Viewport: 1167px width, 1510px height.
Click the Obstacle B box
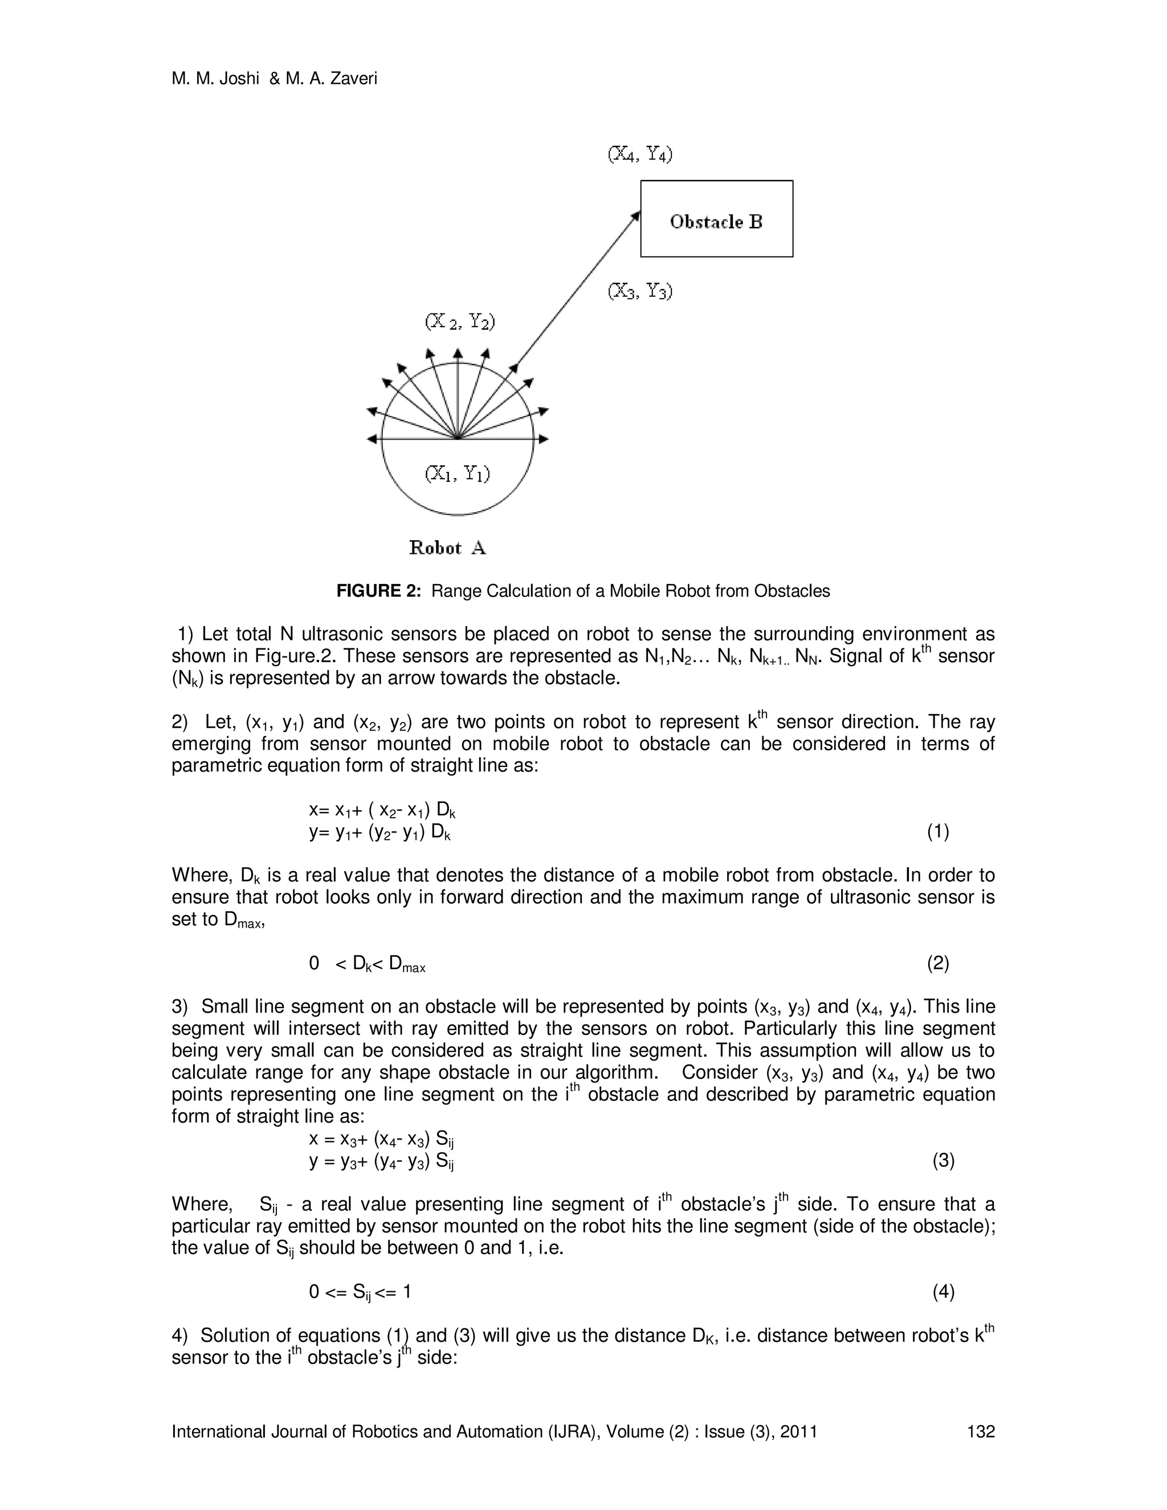click(716, 218)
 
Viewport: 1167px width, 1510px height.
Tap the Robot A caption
click(447, 548)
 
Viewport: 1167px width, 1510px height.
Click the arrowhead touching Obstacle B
click(635, 217)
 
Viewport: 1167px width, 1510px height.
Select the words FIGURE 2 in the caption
click(377, 591)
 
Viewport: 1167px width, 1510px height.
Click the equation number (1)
click(937, 832)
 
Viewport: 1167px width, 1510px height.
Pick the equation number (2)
click(937, 963)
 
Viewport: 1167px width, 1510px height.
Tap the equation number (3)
click(943, 1161)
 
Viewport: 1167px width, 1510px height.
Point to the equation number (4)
click(943, 1292)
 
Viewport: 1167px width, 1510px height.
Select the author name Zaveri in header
click(354, 79)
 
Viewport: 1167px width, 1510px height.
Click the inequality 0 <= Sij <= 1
click(360, 1292)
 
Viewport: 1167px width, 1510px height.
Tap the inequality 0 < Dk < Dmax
click(367, 964)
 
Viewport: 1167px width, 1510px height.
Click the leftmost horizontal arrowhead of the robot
click(372, 439)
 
